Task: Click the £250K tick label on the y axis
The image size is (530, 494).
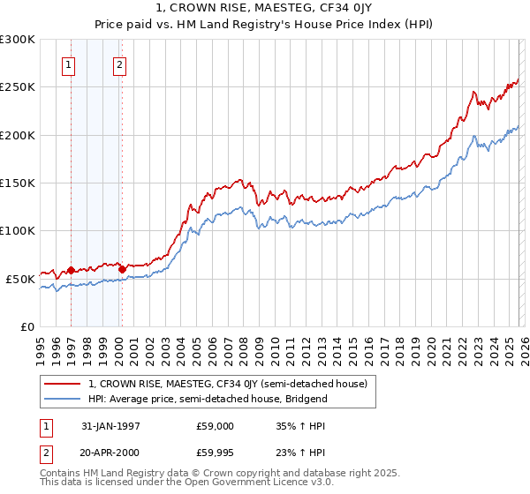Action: coord(18,87)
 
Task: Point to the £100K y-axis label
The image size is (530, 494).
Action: coord(18,230)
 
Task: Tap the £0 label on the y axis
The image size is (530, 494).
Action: coord(26,326)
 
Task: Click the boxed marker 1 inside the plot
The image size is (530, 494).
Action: coord(69,64)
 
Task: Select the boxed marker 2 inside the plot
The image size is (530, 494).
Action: coord(119,64)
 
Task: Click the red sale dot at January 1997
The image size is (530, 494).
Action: coord(72,270)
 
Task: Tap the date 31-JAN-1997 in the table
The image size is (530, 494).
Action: coord(110,425)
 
